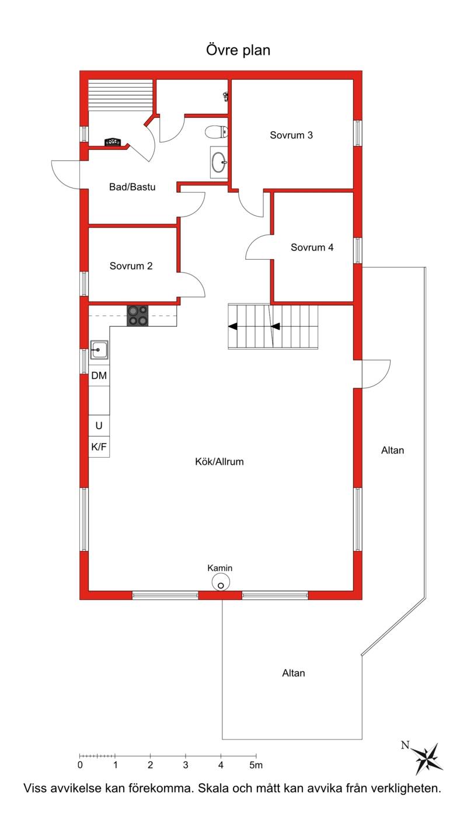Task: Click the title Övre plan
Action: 238,50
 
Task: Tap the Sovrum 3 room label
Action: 291,135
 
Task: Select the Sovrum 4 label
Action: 312,247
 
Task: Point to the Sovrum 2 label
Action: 131,266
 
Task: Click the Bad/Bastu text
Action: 133,187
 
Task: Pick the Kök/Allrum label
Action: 219,462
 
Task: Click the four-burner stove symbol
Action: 138,316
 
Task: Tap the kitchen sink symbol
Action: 99,350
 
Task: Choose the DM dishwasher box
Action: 99,375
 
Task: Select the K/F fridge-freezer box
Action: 99,447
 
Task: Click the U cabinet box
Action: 99,426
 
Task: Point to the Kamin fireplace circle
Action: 221,583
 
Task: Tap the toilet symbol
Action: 217,131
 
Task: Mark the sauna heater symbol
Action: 113,142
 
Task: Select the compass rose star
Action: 428,759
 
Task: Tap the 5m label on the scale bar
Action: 256,765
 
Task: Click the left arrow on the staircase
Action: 233,327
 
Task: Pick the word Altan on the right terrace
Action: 393,450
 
